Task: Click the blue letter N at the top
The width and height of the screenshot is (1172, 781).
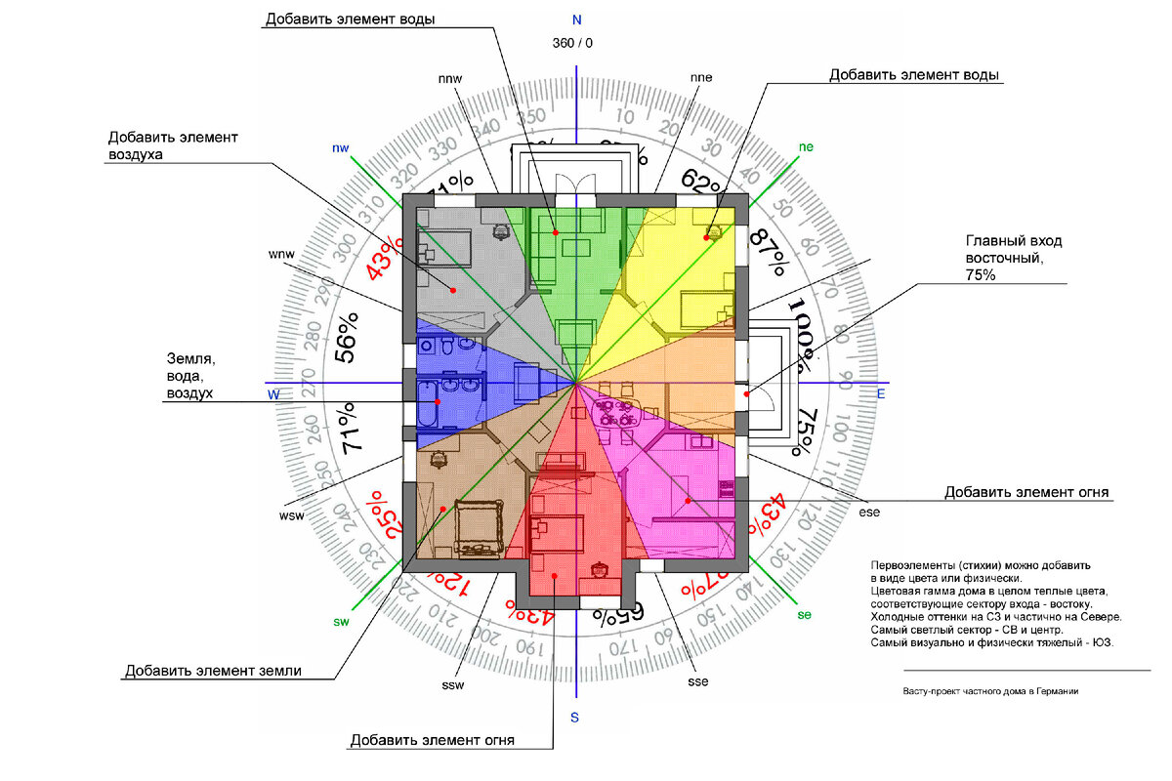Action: (x=577, y=20)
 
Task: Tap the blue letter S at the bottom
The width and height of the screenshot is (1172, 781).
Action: (x=575, y=719)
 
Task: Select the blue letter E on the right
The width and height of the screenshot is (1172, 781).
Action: (x=880, y=393)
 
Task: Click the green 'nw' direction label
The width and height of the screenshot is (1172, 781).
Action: (x=340, y=147)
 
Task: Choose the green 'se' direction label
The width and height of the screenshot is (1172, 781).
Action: (x=805, y=615)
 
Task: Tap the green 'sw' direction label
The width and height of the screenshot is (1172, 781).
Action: (x=342, y=621)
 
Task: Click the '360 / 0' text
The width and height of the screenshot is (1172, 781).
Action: (x=572, y=43)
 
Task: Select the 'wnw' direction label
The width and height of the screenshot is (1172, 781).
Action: (x=281, y=255)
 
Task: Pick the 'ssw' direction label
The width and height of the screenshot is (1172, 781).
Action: (x=452, y=684)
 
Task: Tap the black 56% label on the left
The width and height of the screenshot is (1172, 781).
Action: (x=347, y=338)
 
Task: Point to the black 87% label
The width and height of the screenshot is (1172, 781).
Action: (x=770, y=253)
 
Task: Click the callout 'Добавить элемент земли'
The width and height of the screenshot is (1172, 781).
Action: (x=212, y=671)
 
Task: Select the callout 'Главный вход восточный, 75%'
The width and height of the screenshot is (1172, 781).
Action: (x=1014, y=258)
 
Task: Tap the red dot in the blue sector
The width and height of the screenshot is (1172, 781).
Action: (x=438, y=401)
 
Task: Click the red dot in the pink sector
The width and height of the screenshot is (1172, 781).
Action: (x=689, y=501)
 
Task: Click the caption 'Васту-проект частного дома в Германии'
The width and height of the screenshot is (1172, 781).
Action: (x=990, y=691)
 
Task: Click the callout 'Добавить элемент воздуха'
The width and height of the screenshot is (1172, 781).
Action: (x=173, y=145)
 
